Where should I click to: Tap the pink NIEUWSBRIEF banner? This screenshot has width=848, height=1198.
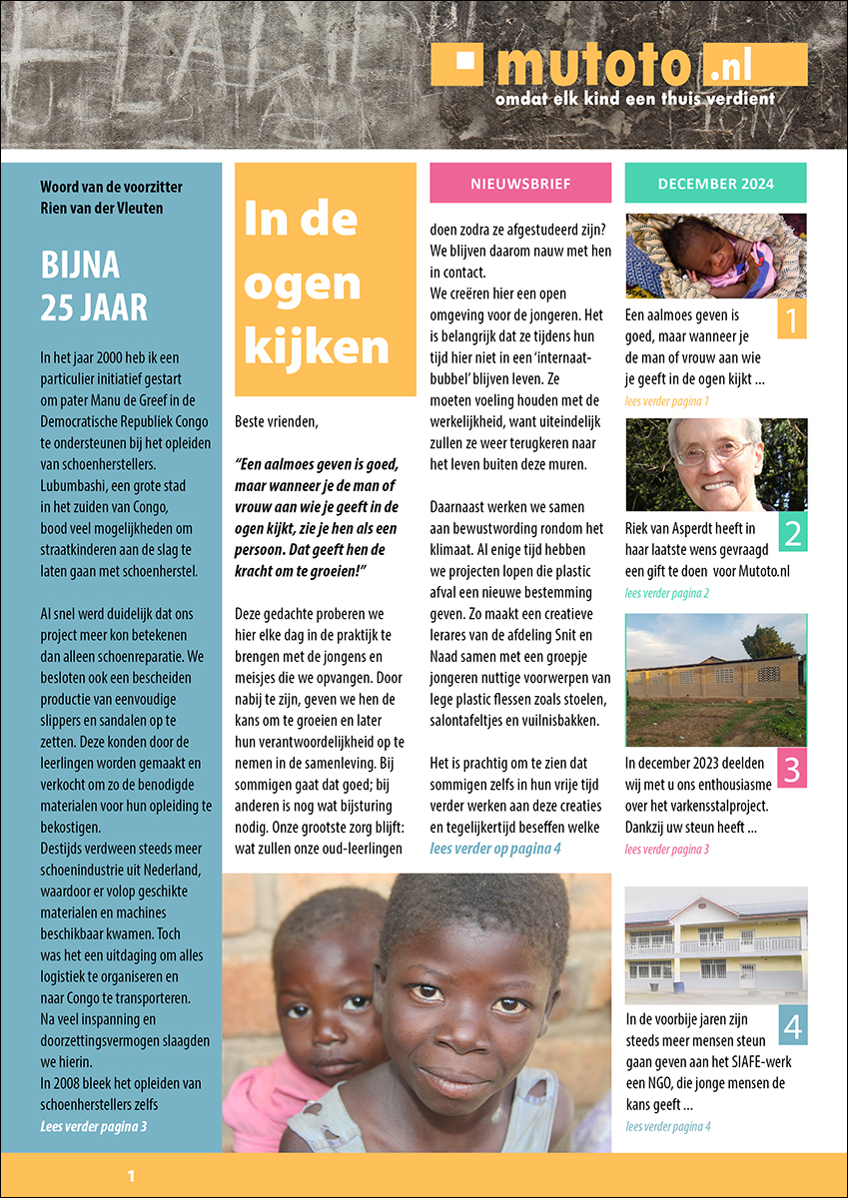520,184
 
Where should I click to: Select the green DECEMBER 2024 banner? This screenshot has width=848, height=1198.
715,184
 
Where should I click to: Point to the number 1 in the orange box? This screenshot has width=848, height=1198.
791,321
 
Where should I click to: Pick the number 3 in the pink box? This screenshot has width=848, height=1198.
791,770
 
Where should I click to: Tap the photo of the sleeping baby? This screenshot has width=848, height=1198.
715,256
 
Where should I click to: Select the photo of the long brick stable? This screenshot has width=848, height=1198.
715,679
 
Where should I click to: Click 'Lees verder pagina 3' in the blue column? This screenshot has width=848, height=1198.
94,1126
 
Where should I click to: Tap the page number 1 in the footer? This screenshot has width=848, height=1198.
131,1177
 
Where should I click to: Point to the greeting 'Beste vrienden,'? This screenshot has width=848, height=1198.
277,421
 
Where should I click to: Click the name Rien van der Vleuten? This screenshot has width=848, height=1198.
102,208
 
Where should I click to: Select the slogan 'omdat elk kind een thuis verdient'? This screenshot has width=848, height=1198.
635,99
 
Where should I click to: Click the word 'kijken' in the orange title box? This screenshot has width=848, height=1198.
316,346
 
